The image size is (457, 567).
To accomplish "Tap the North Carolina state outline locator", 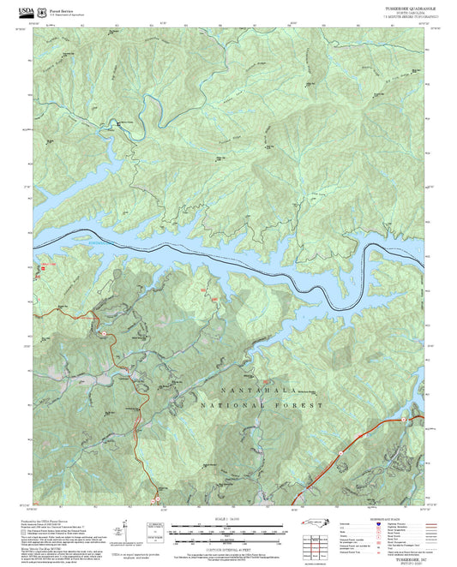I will coord(314,524).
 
